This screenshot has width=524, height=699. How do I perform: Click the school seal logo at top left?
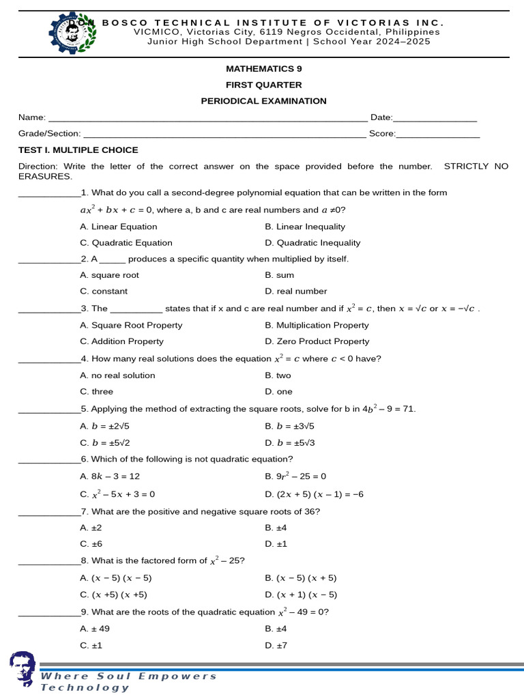(x=72, y=32)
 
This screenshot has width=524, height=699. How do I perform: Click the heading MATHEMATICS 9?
(x=263, y=69)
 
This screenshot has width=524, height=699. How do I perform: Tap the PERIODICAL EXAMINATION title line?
(x=263, y=101)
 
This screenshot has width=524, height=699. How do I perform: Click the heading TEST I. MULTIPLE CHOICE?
(x=78, y=150)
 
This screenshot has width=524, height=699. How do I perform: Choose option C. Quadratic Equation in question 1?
(x=126, y=243)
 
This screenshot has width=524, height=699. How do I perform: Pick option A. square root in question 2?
(x=109, y=275)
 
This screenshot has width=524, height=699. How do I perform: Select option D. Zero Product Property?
(x=317, y=341)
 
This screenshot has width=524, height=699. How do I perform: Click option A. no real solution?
(x=117, y=375)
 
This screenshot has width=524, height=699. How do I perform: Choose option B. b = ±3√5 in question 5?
(x=289, y=426)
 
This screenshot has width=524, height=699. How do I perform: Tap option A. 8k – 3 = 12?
(x=110, y=476)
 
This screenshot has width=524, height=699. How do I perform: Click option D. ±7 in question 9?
(x=276, y=645)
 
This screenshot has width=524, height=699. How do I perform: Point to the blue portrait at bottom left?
(x=22, y=669)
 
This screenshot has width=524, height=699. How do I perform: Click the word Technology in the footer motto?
(x=85, y=687)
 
